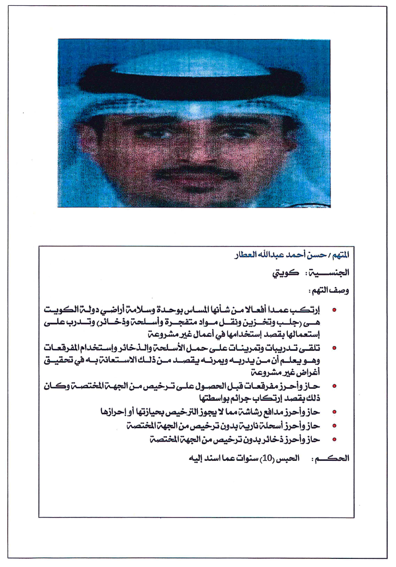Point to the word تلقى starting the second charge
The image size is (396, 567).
(311, 348)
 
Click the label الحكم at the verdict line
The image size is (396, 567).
(332, 458)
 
